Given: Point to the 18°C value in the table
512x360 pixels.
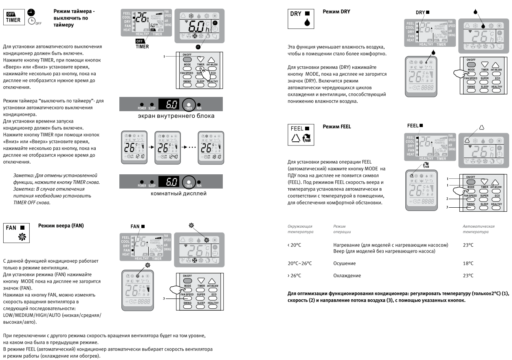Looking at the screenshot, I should [x=468, y=263].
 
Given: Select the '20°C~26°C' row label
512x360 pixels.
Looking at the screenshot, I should [x=300, y=263].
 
